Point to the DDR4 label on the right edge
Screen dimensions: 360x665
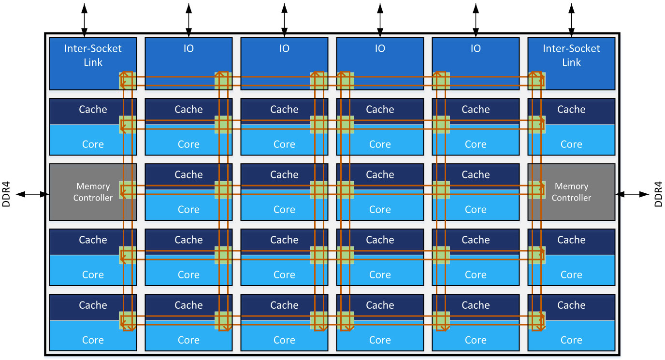658,194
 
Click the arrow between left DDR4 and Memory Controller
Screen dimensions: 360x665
33,194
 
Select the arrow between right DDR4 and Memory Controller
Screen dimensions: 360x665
632,194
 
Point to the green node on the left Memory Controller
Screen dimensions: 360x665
127,190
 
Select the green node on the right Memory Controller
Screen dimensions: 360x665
536,190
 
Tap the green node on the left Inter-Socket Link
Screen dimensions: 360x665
127,81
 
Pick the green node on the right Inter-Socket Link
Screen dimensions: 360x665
536,81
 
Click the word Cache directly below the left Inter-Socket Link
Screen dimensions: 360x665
93,110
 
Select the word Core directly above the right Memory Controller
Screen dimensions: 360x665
571,144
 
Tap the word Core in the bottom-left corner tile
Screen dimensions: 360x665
93,340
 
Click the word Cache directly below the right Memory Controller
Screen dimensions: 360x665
571,240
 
